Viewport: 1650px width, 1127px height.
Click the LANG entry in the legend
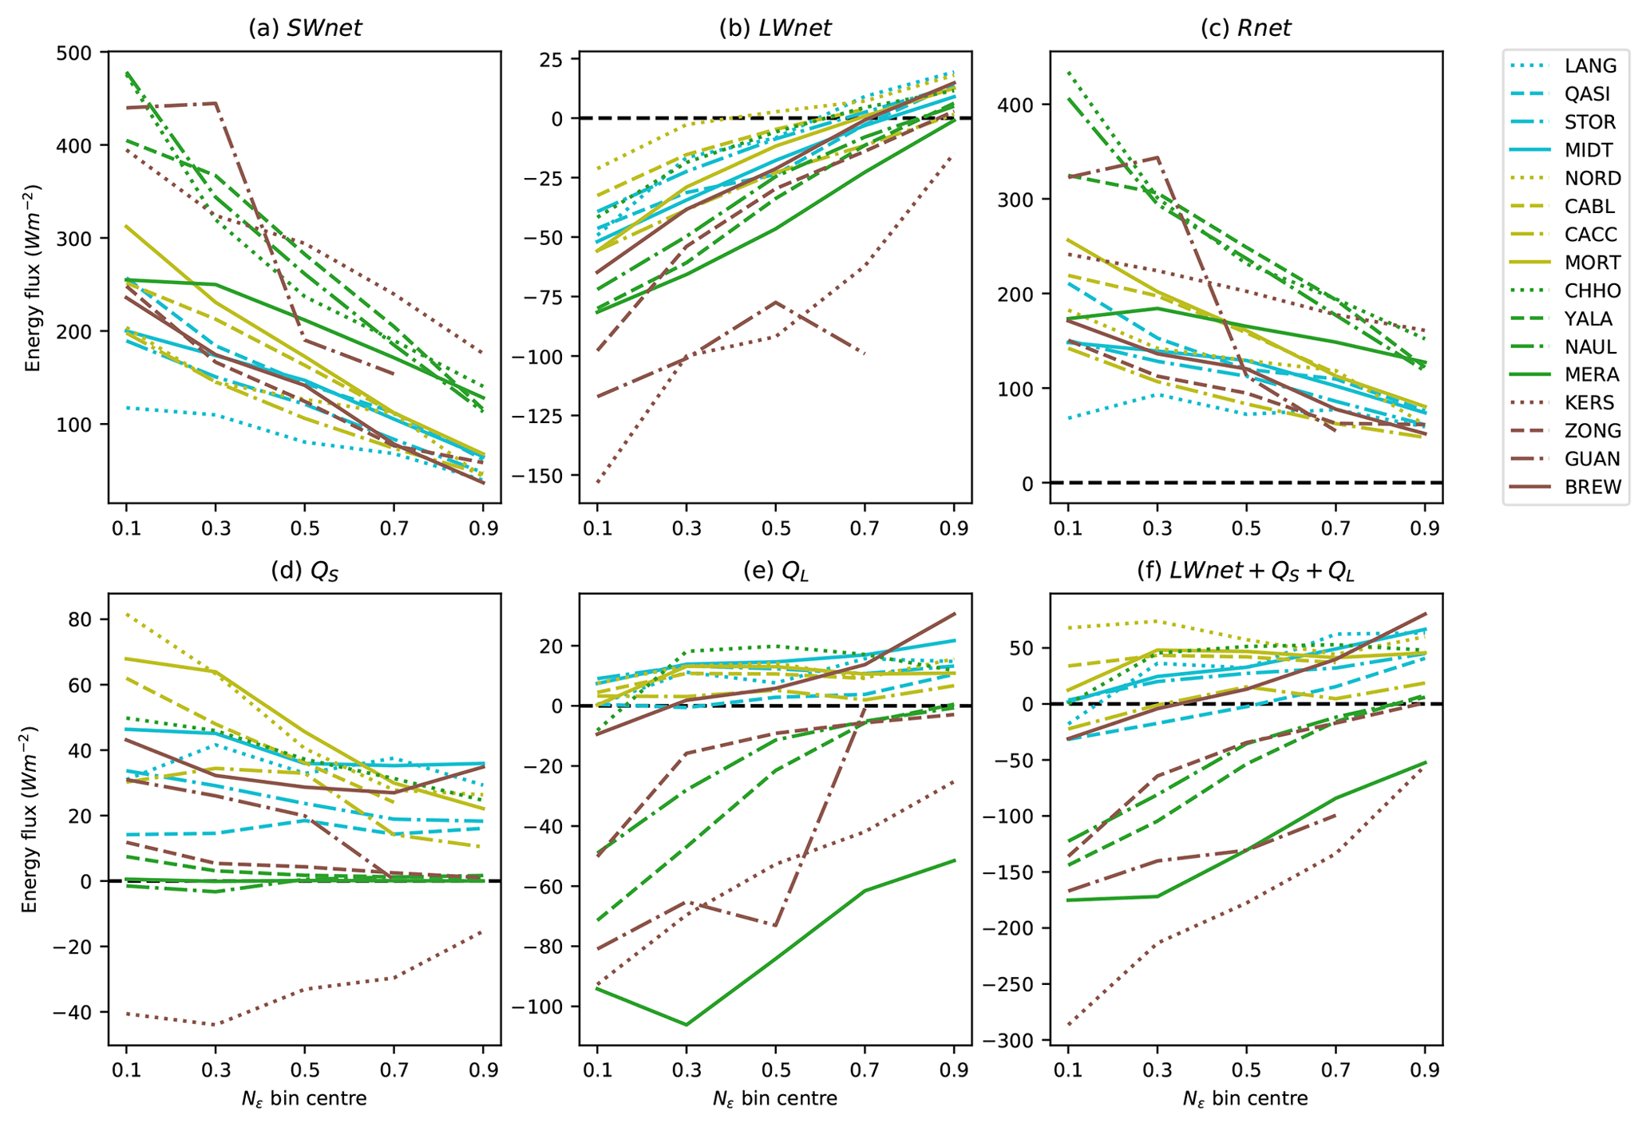coord(1590,66)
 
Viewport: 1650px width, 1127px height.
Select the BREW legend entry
coord(1593,488)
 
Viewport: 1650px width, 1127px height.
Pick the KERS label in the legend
coord(1589,403)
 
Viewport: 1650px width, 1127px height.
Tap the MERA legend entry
coord(1592,375)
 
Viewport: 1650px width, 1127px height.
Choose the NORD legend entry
coord(1592,179)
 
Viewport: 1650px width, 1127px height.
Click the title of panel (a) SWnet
coord(304,29)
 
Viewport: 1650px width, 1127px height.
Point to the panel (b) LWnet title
coord(774,29)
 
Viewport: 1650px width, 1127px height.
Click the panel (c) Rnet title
coord(1245,29)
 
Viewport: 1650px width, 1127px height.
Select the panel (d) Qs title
coord(304,571)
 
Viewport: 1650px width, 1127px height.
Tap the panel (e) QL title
coord(774,571)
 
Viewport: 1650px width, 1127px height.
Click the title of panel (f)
coord(1245,571)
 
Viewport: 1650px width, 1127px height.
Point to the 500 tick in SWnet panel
coord(82,53)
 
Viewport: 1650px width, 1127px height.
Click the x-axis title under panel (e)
coord(774,1100)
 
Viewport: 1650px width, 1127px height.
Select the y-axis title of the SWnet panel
coord(33,277)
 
